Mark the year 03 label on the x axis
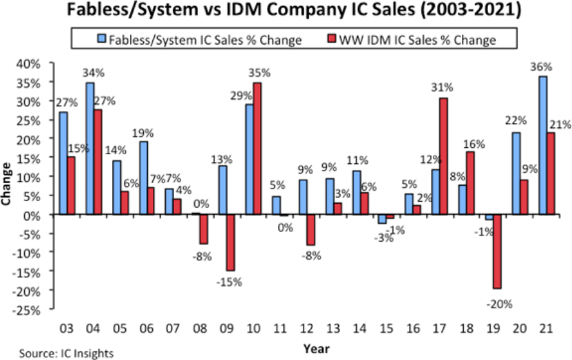(67, 326)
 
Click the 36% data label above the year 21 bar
(542, 67)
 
